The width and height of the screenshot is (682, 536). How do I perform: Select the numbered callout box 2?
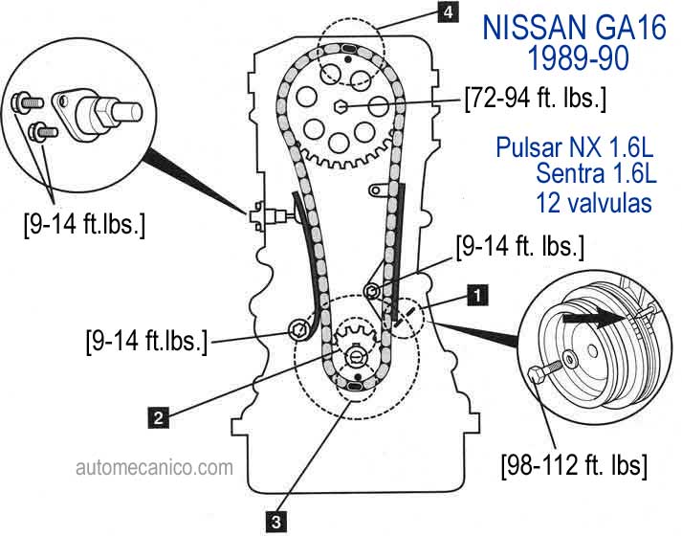(158, 416)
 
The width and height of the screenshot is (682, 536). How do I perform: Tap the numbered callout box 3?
(275, 521)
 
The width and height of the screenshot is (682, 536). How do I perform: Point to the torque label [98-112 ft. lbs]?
(574, 466)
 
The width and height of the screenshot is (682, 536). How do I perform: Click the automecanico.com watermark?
(154, 468)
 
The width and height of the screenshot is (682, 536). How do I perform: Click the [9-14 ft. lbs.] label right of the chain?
(519, 246)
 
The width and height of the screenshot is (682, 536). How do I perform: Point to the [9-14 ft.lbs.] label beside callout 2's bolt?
(146, 340)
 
